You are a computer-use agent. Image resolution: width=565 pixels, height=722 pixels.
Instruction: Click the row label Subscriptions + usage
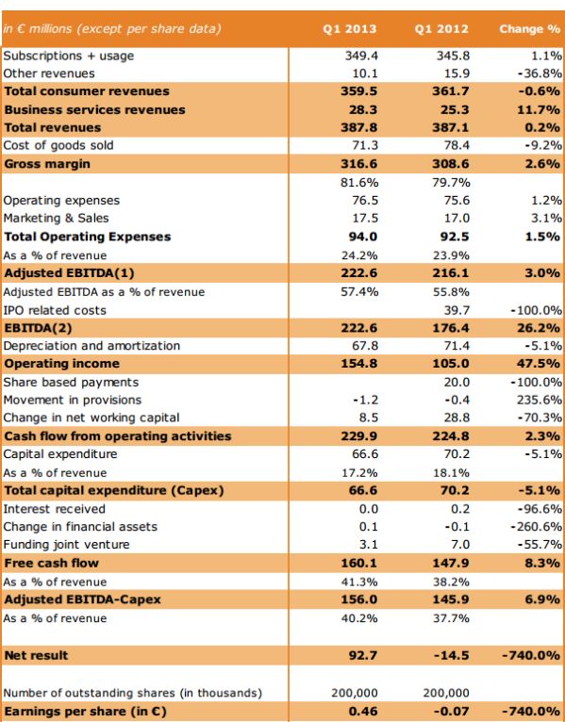click(69, 56)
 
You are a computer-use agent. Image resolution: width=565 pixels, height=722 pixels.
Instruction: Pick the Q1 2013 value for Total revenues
click(358, 127)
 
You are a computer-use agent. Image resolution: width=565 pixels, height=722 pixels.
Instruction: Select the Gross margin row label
click(48, 164)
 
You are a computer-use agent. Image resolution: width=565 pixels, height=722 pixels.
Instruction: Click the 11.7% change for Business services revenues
click(540, 109)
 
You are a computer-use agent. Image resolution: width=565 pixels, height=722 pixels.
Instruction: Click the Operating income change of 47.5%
click(540, 364)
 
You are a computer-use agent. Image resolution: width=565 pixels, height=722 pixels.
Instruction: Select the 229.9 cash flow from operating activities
click(358, 436)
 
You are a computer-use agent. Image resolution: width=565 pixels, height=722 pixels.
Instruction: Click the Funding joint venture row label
click(67, 545)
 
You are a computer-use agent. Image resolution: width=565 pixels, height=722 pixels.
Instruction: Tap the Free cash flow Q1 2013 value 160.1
click(358, 563)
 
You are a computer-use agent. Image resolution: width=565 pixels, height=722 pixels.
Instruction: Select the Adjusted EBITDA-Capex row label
click(83, 599)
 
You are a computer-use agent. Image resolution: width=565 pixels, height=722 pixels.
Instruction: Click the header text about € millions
click(111, 29)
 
